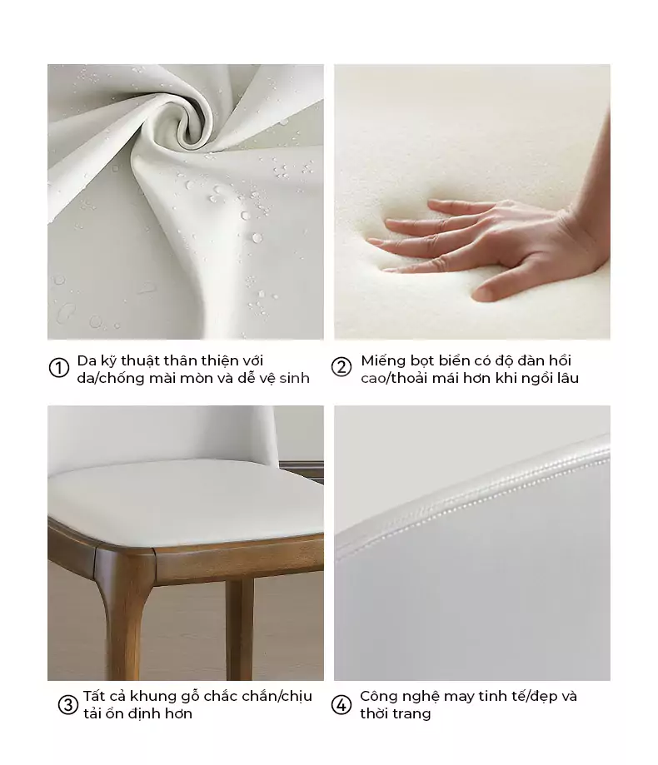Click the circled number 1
tap(59, 367)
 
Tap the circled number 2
tap(341, 367)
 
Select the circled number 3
tap(67, 704)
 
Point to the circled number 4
tap(341, 704)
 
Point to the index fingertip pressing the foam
tap(375, 241)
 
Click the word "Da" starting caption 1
tap(87, 360)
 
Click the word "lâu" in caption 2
tap(568, 378)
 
